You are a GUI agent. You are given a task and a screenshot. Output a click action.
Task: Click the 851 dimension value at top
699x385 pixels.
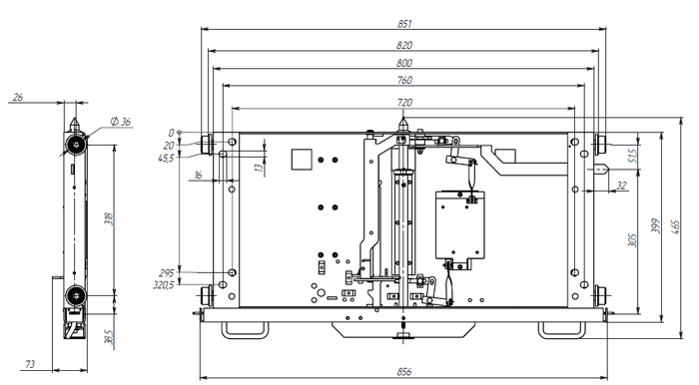(404, 22)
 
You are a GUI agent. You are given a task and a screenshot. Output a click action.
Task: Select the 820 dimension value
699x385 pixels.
(404, 45)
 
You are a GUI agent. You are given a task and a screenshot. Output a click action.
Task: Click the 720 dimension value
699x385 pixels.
(404, 102)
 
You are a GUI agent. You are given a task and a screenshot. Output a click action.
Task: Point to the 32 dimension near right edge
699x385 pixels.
(621, 186)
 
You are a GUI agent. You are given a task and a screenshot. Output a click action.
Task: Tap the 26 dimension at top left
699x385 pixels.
(18, 98)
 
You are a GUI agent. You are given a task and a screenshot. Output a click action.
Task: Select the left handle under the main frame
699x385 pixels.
(245, 328)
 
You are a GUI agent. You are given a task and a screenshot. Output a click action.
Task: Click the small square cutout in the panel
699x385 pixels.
(300, 159)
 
